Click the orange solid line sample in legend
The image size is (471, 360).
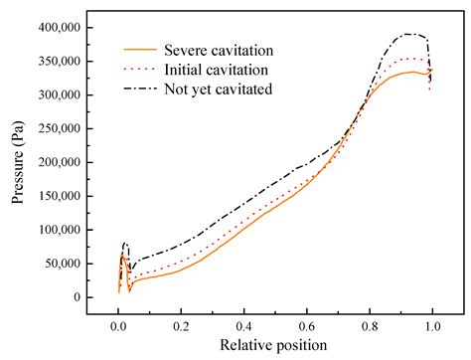(x=143, y=48)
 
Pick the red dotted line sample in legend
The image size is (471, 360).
(x=143, y=69)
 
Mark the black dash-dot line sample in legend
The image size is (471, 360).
(x=143, y=90)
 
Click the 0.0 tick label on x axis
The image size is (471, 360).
(x=118, y=323)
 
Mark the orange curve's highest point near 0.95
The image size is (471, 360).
(x=411, y=72)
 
